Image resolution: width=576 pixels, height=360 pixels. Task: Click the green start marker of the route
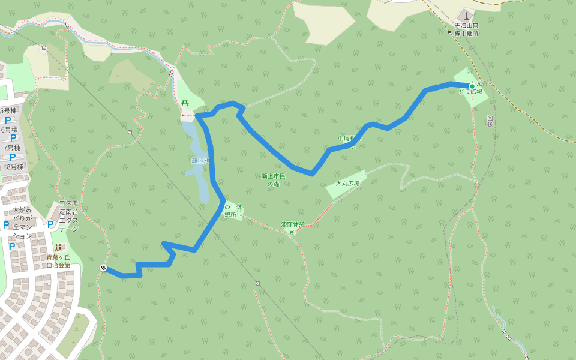pyautogui.click(x=472, y=86)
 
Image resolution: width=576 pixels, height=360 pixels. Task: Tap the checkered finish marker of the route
pyautogui.click(x=103, y=268)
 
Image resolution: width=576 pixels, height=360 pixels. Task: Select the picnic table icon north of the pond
pyautogui.click(x=184, y=102)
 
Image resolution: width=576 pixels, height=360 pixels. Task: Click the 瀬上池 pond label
pyautogui.click(x=200, y=161)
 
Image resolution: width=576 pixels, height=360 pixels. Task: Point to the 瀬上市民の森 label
pyautogui.click(x=274, y=179)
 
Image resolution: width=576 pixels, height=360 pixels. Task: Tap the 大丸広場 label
pyautogui.click(x=347, y=183)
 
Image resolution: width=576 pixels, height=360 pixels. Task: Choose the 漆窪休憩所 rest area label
pyautogui.click(x=293, y=227)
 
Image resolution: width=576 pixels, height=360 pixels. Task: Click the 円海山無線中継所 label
pyautogui.click(x=466, y=29)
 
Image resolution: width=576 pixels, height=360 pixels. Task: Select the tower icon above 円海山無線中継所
pyautogui.click(x=467, y=15)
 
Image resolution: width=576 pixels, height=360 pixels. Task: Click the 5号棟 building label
pyautogui.click(x=9, y=110)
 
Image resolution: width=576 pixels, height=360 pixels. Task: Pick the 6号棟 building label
pyautogui.click(x=10, y=130)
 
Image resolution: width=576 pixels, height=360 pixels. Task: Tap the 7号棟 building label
pyautogui.click(x=12, y=148)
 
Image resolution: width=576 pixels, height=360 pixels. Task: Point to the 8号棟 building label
pyautogui.click(x=14, y=167)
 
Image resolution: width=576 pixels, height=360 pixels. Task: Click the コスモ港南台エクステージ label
pyautogui.click(x=68, y=216)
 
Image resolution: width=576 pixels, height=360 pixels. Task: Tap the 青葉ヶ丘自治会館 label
pyautogui.click(x=58, y=261)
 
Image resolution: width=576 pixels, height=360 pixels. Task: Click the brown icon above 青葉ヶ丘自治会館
pyautogui.click(x=58, y=248)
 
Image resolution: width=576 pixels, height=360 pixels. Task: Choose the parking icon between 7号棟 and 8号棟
pyautogui.click(x=12, y=157)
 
